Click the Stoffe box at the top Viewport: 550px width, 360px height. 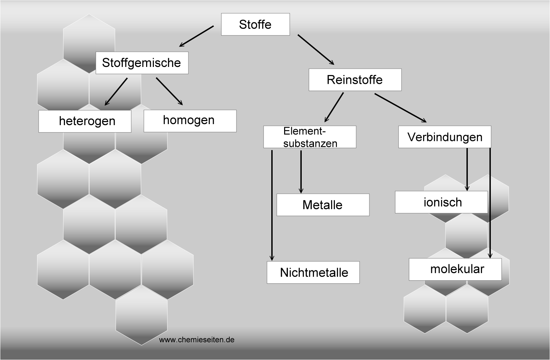255,24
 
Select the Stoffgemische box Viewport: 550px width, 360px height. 142,63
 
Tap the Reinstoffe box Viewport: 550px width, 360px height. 355,80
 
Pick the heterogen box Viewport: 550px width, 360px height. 85,121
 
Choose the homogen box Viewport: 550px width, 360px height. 190,121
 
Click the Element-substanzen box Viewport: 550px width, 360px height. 310,137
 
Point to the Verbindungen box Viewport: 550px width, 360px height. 444,137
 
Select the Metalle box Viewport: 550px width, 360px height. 323,205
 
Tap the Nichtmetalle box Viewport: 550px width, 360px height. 313,272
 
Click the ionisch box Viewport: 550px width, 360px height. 441,202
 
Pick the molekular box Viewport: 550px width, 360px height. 455,269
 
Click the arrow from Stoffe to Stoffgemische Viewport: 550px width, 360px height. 197,36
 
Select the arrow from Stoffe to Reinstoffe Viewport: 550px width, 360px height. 316,49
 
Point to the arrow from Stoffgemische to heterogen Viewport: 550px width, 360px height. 116,92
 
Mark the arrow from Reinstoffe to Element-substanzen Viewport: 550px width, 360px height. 334,107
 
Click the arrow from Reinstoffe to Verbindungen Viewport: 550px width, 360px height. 400,107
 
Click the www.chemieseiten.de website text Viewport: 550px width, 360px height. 197,340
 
